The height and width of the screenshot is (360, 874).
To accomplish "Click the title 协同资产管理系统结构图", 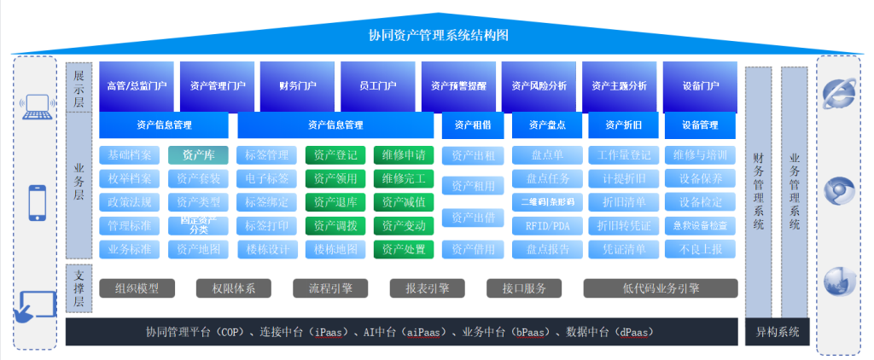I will pyautogui.click(x=438, y=36).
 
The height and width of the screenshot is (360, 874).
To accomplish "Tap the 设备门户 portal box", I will pyautogui.click(x=701, y=86).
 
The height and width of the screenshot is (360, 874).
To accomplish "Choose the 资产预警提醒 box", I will pyautogui.click(x=458, y=86).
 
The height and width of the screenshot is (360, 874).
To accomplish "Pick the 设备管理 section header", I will pyautogui.click(x=701, y=125).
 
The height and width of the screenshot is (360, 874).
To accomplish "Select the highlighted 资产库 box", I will pyautogui.click(x=198, y=155).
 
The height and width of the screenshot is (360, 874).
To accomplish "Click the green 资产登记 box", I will pyautogui.click(x=335, y=155).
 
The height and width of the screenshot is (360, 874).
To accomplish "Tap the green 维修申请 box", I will pyautogui.click(x=404, y=155).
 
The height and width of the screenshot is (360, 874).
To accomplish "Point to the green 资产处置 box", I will pyautogui.click(x=404, y=249).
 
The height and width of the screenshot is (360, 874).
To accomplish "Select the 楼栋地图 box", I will pyautogui.click(x=335, y=249).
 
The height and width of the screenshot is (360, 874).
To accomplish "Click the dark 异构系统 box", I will pyautogui.click(x=778, y=332).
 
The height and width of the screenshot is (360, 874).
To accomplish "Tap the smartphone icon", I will pyautogui.click(x=38, y=203).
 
